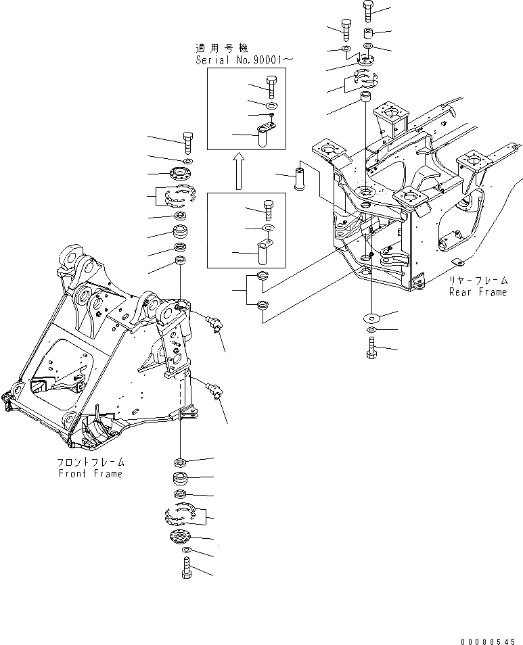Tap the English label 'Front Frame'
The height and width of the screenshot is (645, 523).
point(90,473)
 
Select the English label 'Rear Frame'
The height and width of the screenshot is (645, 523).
point(478,292)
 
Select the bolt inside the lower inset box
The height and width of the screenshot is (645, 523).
point(268,209)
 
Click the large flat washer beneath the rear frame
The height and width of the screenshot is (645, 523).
point(371,316)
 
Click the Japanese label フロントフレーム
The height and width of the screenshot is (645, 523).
point(91,462)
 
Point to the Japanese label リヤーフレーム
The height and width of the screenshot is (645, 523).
point(478,281)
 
